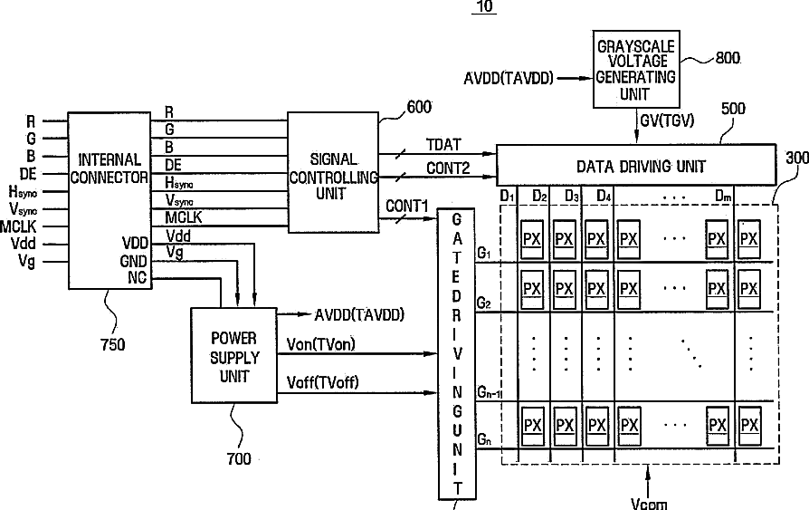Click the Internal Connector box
(x=109, y=200)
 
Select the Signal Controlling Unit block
(x=333, y=173)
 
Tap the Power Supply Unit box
(x=233, y=355)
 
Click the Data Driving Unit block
(x=636, y=165)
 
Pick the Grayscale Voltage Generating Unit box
(x=635, y=69)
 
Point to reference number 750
(x=112, y=344)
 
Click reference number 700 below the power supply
(x=239, y=458)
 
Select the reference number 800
(x=728, y=58)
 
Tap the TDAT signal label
(x=443, y=145)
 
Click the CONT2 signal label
(x=448, y=168)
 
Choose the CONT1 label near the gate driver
(x=407, y=207)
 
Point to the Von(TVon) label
(x=321, y=344)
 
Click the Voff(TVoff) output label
(x=322, y=382)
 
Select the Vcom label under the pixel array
(x=649, y=504)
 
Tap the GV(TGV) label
(x=667, y=120)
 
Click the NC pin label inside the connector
(x=138, y=277)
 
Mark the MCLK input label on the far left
(x=19, y=226)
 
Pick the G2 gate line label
(x=483, y=303)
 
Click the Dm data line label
(x=723, y=197)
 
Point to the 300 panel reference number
(x=797, y=158)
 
